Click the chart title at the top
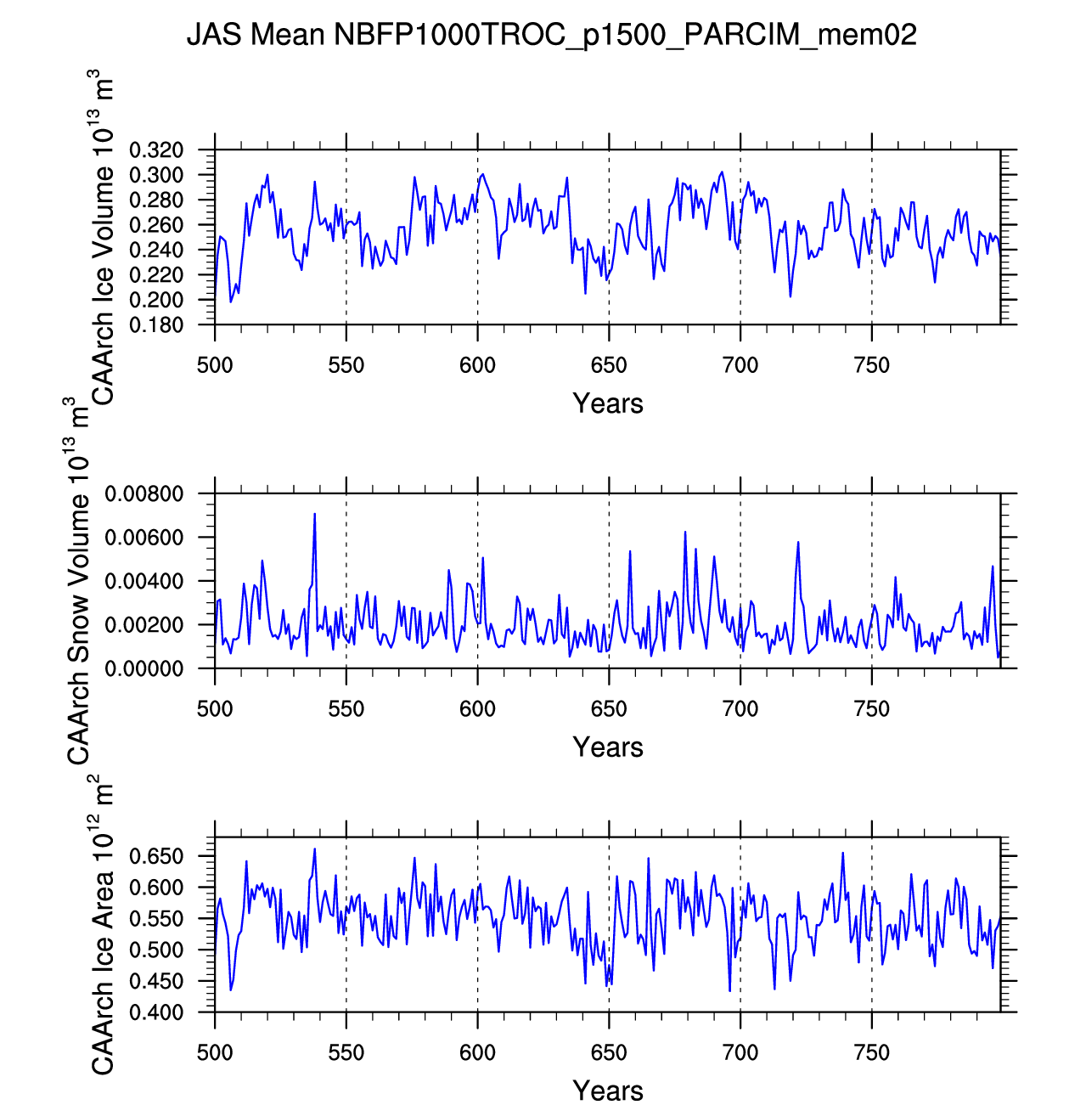551,35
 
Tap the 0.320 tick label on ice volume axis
156,151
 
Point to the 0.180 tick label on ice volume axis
156,325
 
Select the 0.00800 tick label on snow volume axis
143,494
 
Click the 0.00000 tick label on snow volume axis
143,669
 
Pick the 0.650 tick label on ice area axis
156,856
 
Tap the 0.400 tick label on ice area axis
156,1012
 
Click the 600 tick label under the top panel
477,366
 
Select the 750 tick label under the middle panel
871,709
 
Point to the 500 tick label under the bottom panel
215,1053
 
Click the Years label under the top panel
607,403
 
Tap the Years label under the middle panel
607,747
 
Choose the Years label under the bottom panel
607,1090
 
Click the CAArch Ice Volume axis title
102,238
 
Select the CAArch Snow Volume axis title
78,582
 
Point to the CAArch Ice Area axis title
102,926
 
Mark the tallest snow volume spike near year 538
314,515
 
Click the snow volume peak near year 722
798,542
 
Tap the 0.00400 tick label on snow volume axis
143,582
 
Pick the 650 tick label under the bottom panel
609,1053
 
